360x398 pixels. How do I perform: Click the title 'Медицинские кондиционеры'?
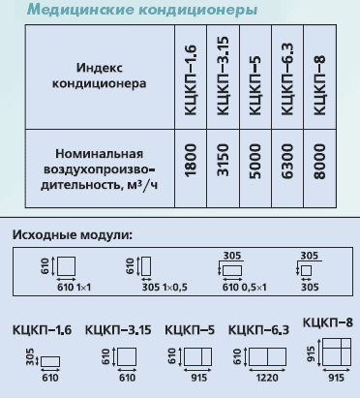142,10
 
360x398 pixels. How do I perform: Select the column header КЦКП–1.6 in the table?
191,80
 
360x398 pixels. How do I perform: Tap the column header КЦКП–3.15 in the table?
223,76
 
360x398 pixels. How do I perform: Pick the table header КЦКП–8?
319,85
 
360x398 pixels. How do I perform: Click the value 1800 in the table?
191,161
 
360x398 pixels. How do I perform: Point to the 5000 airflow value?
255,162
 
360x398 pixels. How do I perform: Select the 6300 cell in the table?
287,162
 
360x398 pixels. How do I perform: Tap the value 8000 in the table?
319,162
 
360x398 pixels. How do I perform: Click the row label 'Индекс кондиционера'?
100,76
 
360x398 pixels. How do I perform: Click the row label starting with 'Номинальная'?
99,169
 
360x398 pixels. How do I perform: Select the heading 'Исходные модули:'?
73,234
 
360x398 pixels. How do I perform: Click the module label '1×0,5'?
174,287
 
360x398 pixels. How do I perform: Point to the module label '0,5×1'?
255,287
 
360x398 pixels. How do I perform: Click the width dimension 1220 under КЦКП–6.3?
267,378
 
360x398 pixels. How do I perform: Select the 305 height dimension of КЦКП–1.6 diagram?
30,356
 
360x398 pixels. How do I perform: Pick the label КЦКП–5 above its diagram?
190,330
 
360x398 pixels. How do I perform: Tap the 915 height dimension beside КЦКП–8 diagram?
312,353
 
